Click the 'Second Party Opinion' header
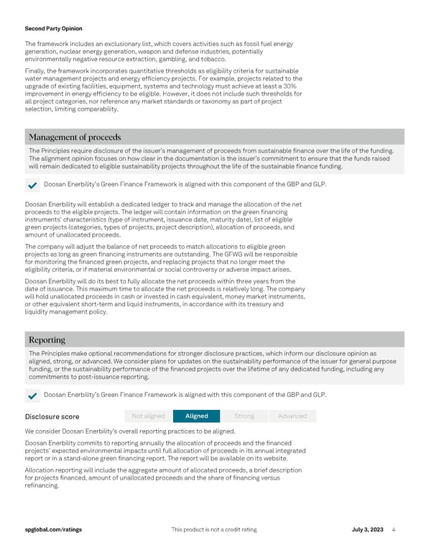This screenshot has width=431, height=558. click(53, 29)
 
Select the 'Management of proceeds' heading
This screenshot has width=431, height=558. click(74, 137)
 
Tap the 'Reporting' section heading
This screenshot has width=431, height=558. click(47, 339)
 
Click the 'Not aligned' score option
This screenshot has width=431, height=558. click(149, 416)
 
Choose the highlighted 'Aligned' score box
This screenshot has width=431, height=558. click(196, 416)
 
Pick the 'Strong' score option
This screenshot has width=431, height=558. click(244, 416)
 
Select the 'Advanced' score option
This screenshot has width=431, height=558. click(292, 416)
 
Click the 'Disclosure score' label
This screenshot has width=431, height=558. click(52, 416)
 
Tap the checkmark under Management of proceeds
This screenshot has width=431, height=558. click(32, 186)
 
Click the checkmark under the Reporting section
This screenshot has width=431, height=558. click(32, 395)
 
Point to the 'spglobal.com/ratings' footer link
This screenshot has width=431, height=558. click(52, 530)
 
